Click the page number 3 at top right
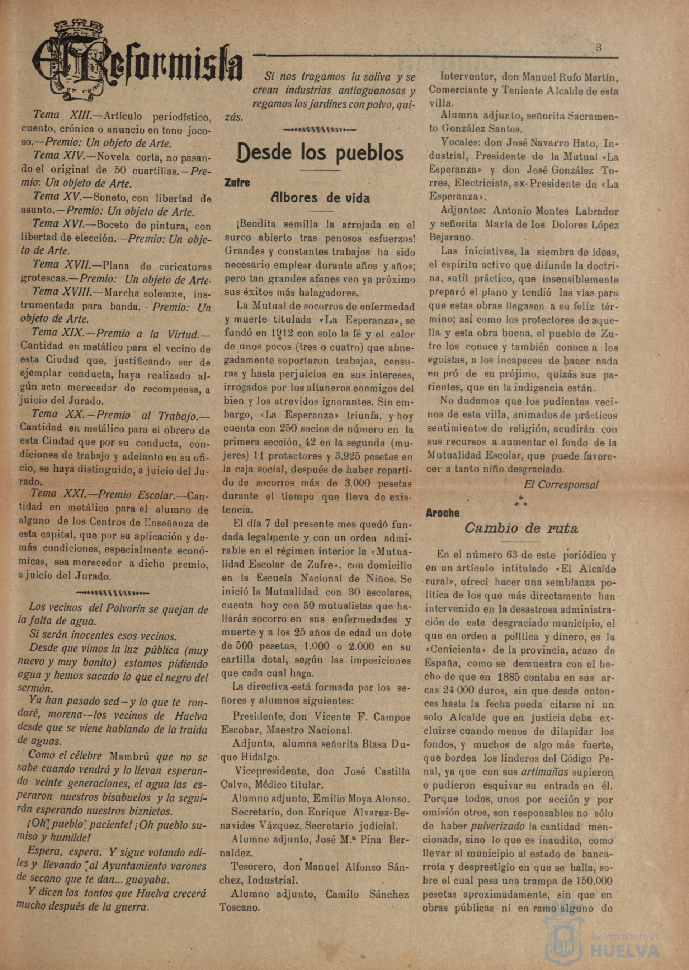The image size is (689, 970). click(598, 48)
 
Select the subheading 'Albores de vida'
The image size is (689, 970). click(320, 198)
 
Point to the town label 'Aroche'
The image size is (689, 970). click(443, 513)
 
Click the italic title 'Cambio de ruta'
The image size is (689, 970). click(521, 529)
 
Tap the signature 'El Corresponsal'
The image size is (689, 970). click(561, 485)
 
